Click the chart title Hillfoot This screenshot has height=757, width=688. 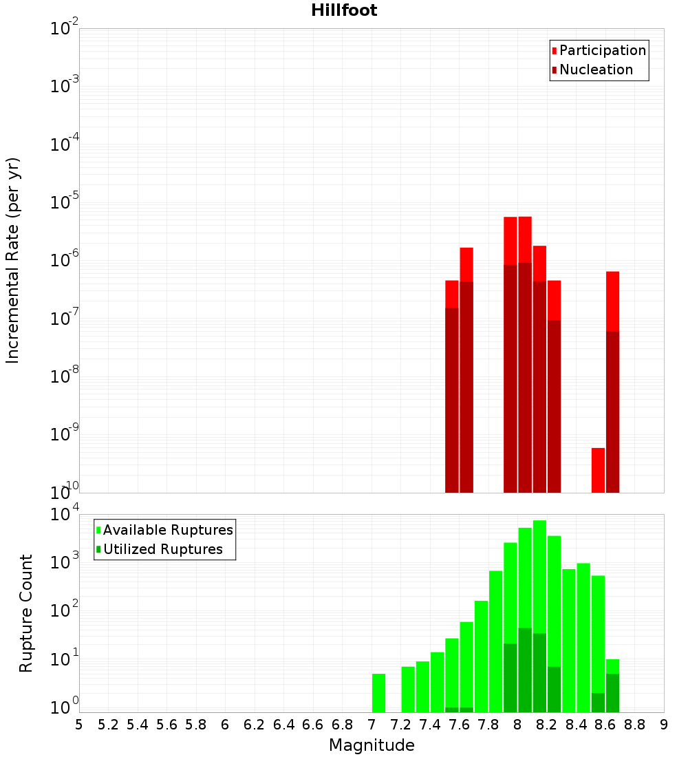(344, 10)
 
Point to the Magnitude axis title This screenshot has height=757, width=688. (372, 745)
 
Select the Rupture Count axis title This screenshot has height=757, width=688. (26, 613)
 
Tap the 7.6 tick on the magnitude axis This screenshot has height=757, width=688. (459, 725)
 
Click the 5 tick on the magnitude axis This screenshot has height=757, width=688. (79, 725)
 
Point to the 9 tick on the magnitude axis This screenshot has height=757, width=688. (664, 725)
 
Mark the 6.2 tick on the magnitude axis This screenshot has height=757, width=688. (255, 725)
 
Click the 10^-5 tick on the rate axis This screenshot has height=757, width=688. (65, 202)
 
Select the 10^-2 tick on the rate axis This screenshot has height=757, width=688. (65, 29)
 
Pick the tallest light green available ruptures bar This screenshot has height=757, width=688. (539, 578)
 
